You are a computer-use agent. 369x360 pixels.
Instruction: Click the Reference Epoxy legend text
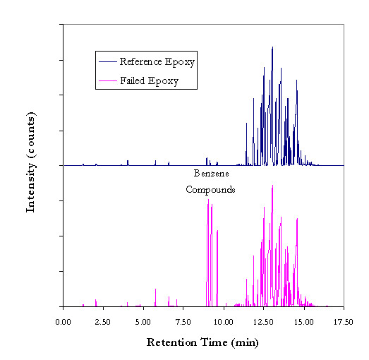[x=157, y=62]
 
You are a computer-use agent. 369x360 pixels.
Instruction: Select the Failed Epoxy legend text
[x=149, y=81]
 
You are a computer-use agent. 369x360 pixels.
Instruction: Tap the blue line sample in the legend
[x=108, y=61]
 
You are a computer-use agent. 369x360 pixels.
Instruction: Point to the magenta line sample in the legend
[x=108, y=80]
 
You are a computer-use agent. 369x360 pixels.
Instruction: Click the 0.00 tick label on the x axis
[x=63, y=322]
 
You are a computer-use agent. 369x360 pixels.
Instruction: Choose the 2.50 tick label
[x=103, y=322]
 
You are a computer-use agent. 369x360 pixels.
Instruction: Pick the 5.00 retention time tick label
[x=143, y=322]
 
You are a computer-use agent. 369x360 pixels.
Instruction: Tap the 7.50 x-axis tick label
[x=183, y=322]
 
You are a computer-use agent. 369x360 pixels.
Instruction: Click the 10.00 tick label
[x=224, y=322]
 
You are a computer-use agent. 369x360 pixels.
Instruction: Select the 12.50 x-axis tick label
[x=263, y=322]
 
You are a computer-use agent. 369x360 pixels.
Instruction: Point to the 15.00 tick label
[x=304, y=322]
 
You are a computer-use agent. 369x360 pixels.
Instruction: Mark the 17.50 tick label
[x=344, y=322]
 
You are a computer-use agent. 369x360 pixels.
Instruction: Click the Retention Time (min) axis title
[x=202, y=343]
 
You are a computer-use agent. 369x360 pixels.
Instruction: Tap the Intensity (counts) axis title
[x=31, y=162]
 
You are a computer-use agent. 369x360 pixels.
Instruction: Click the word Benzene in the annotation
[x=212, y=174]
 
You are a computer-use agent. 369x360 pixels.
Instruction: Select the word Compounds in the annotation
[x=210, y=190]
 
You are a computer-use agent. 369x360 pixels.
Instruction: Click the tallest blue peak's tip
[x=272, y=47]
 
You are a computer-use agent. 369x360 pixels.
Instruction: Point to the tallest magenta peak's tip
[x=272, y=186]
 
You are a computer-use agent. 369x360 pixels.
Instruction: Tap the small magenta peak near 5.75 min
[x=155, y=289]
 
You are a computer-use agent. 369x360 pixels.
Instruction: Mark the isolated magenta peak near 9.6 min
[x=217, y=231]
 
